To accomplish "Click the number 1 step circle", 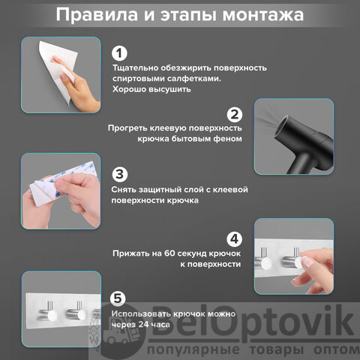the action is click(119, 53).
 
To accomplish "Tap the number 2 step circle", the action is click(235, 115).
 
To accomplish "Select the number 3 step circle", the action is click(119, 174).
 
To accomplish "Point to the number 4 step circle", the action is click(235, 239).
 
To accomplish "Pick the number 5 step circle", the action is click(118, 298).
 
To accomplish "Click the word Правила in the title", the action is click(97, 14).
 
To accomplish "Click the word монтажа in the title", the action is click(263, 15).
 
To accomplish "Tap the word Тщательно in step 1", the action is click(135, 68).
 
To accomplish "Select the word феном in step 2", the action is click(227, 139).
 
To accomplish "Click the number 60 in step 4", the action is click(169, 253).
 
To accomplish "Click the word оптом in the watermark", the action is click(337, 349).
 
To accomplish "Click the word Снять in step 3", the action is click(124, 190).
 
